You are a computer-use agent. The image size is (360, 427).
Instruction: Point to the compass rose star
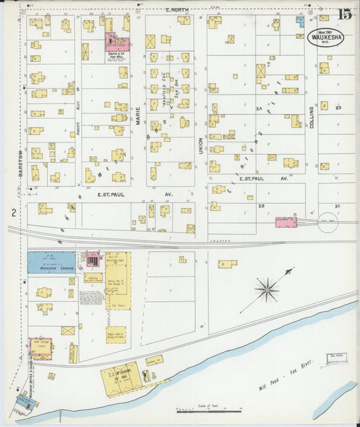pyautogui.click(x=267, y=290)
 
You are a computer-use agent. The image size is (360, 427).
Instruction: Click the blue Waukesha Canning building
pyautogui.click(x=51, y=262)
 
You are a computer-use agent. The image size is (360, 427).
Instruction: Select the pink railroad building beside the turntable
pyautogui.click(x=286, y=222)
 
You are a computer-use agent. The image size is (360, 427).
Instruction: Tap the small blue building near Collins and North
pyautogui.click(x=300, y=22)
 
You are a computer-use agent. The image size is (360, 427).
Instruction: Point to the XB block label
pyautogui.click(x=261, y=205)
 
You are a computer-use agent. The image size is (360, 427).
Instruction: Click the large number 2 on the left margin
pyautogui.click(x=12, y=213)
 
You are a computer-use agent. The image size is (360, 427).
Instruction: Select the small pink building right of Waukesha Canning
pyautogui.click(x=93, y=259)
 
